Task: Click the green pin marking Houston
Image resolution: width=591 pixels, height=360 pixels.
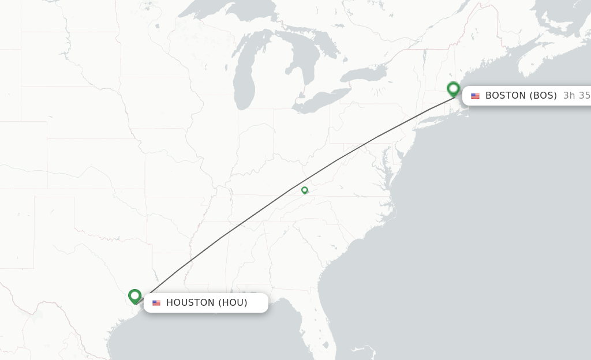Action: [135, 296]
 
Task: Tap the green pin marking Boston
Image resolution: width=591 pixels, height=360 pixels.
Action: [454, 89]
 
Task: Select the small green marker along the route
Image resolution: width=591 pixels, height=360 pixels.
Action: [304, 190]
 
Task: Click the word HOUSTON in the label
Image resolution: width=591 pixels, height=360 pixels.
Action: [190, 303]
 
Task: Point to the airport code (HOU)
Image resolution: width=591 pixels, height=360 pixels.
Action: [233, 303]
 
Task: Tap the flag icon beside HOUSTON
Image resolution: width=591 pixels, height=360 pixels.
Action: [156, 303]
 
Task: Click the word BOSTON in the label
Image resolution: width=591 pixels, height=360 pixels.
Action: [506, 96]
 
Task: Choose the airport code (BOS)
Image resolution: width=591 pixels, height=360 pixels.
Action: [544, 96]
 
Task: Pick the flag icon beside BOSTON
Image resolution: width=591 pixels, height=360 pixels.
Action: [475, 96]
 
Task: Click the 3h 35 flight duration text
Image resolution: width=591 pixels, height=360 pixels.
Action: [577, 96]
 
